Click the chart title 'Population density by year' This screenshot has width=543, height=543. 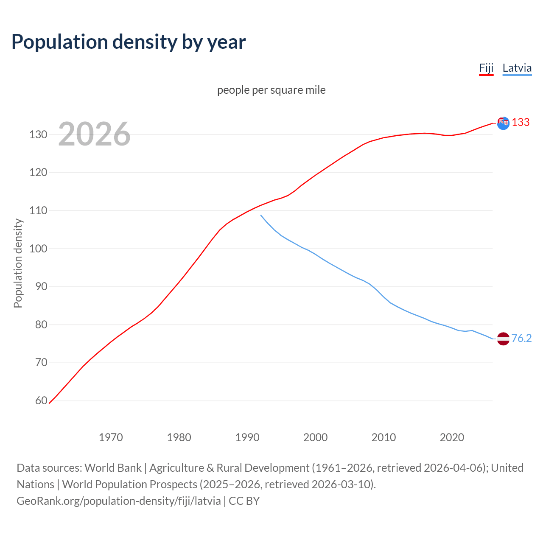pyautogui.click(x=129, y=42)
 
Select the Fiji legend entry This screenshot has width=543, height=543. pyautogui.click(x=486, y=68)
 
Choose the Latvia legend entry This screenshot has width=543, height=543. pyautogui.click(x=517, y=68)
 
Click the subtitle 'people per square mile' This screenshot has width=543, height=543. pyautogui.click(x=271, y=90)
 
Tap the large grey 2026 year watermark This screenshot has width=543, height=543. pyautogui.click(x=94, y=134)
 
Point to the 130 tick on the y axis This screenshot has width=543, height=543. pyautogui.click(x=38, y=134)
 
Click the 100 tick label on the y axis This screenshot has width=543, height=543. pyautogui.click(x=38, y=249)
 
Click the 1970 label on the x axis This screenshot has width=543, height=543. pyautogui.click(x=111, y=437)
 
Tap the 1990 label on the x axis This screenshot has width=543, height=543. pyautogui.click(x=247, y=437)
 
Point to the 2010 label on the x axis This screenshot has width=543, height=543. pyautogui.click(x=383, y=437)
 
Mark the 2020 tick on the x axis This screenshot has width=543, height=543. pyautogui.click(x=452, y=437)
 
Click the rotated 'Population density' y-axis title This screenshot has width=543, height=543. pyautogui.click(x=18, y=263)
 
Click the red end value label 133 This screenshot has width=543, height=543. pyautogui.click(x=521, y=123)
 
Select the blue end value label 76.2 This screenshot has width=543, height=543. pyautogui.click(x=521, y=338)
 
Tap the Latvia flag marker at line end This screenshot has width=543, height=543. pyautogui.click(x=503, y=339)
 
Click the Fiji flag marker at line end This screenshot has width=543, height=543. pyautogui.click(x=503, y=123)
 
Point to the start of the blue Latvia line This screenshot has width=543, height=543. pyautogui.click(x=261, y=215)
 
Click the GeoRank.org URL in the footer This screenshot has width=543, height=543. pyautogui.click(x=119, y=501)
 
